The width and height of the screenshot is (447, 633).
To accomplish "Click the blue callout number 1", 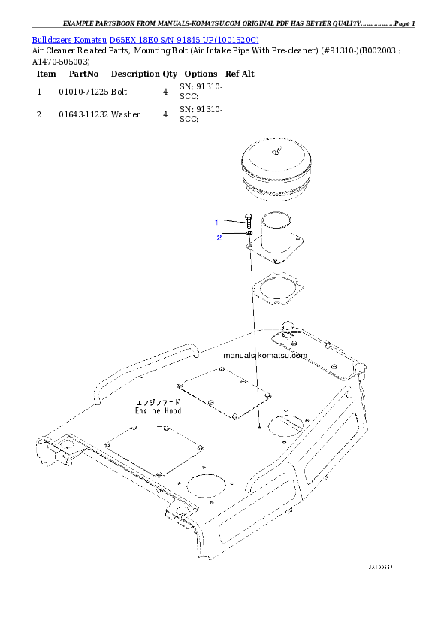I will pyautogui.click(x=216, y=222).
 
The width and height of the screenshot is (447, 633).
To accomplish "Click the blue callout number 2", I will pyautogui.click(x=219, y=238).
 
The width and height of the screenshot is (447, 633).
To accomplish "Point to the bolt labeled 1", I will pyautogui.click(x=247, y=221).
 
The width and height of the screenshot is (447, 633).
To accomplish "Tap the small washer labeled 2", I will pyautogui.click(x=248, y=235).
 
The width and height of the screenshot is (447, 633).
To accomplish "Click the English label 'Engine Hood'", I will pyautogui.click(x=158, y=411).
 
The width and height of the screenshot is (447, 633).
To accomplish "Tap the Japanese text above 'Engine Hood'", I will pyautogui.click(x=158, y=402).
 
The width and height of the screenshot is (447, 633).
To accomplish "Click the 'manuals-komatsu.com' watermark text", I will pyautogui.click(x=265, y=356).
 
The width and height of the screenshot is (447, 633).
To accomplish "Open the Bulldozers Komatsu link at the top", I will pyautogui.click(x=145, y=39).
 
